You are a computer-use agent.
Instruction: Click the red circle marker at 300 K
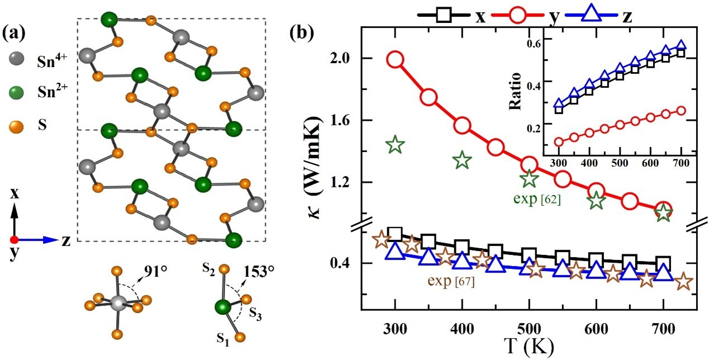395,60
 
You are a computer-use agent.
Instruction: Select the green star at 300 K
395,145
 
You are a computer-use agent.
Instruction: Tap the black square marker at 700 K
663,263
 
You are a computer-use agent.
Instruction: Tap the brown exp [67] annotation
451,282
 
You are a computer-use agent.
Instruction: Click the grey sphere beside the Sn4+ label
16,58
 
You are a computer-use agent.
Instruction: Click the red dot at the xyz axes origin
15,240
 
